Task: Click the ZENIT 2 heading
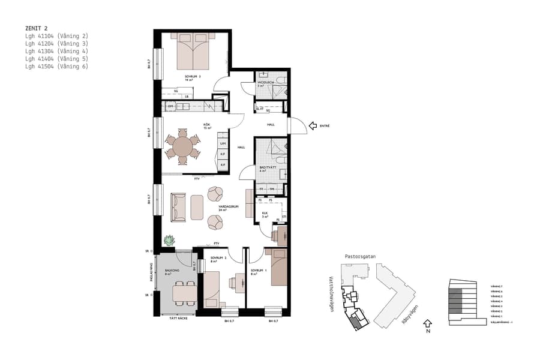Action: coord(38,28)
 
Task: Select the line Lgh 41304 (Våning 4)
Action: coord(56,52)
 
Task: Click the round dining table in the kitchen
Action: coord(183,146)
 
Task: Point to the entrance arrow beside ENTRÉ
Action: coord(312,126)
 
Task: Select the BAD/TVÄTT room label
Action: coord(266,167)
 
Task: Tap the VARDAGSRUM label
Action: coord(227,208)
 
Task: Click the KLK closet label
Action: coord(265,213)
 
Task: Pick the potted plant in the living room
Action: coord(170,240)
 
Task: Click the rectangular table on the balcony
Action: coord(185,292)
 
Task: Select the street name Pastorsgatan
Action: coord(360,256)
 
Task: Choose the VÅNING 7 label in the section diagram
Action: coord(496,286)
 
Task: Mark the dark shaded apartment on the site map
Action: coord(358,323)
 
